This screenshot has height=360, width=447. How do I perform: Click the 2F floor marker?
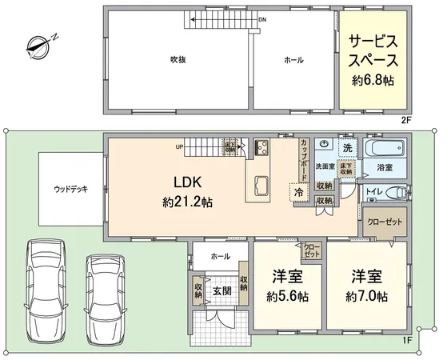405,119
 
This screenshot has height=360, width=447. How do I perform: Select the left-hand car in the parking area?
46,286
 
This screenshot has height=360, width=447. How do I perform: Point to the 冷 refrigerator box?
298,193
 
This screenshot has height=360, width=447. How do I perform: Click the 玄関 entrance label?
222,290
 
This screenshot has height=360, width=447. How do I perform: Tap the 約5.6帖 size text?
287,296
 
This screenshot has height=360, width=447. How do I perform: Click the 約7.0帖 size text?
367,296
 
